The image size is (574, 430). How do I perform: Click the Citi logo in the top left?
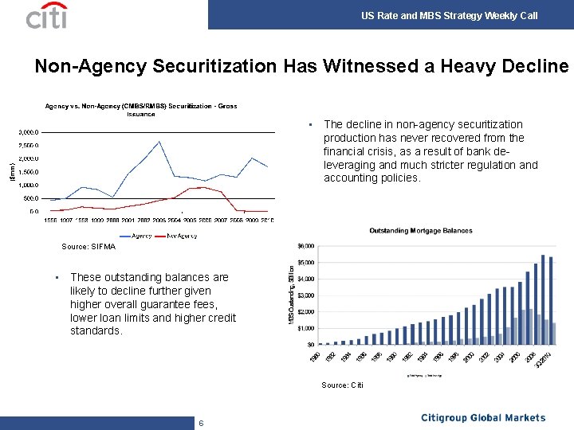tap(46, 15)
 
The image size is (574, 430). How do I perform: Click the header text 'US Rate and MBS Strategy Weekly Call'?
tap(449, 15)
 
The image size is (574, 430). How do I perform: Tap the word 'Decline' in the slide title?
tap(529, 67)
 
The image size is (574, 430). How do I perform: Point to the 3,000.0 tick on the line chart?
tap(29, 132)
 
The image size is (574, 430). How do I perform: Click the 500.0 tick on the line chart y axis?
tap(30, 198)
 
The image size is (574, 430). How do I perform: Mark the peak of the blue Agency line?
tap(159, 142)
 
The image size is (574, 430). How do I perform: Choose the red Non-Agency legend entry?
tap(179, 235)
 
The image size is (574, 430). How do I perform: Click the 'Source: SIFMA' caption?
tap(88, 247)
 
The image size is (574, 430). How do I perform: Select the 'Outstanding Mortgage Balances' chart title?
tap(420, 231)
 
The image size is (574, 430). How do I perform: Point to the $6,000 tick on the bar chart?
tap(305, 245)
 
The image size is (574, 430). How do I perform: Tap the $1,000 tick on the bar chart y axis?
tap(305, 328)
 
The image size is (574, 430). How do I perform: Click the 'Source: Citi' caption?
tap(342, 385)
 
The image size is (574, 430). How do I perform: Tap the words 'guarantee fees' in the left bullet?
tap(192, 304)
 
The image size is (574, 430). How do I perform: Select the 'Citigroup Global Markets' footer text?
tap(483, 418)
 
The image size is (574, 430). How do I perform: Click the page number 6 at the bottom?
tap(201, 423)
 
